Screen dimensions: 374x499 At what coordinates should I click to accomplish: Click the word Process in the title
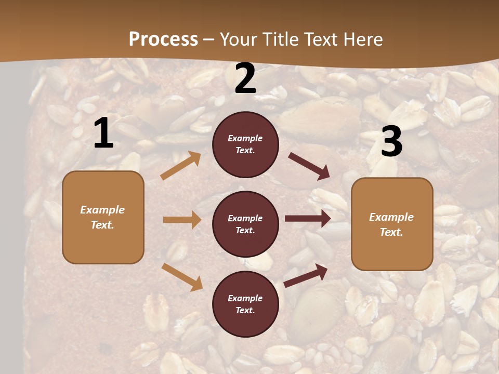[163, 39]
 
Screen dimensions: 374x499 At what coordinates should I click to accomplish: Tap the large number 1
[103, 133]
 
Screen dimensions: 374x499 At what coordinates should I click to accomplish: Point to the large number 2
[245, 78]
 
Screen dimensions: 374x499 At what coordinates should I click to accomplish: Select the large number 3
[391, 141]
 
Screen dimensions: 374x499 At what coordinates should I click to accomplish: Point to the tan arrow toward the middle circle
[182, 220]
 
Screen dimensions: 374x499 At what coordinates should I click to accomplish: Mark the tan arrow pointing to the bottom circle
[182, 276]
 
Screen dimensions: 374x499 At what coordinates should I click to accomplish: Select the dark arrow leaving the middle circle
[308, 219]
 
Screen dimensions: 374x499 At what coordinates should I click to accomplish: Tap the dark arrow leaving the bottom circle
[306, 275]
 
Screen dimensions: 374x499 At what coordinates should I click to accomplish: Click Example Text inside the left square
[103, 217]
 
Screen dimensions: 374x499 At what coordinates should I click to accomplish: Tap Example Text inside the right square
[392, 224]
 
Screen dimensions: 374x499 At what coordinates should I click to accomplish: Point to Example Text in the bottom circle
[245, 304]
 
